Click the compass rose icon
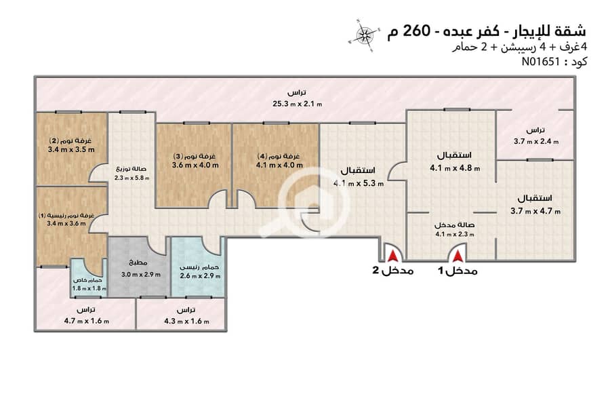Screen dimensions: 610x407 [x=364, y=35]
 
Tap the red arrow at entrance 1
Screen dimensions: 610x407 [x=458, y=256]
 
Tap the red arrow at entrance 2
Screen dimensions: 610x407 [x=393, y=256]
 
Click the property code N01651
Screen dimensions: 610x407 [x=540, y=62]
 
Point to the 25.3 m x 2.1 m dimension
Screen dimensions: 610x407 [x=298, y=104]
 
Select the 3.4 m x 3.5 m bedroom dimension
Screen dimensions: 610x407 [x=71, y=149]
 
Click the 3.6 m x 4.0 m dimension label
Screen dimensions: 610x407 [x=195, y=165]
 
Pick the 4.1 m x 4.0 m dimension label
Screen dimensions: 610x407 [x=279, y=165]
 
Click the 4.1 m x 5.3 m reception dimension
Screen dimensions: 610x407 [x=359, y=183]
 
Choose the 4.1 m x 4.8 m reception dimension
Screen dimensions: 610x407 [x=455, y=168]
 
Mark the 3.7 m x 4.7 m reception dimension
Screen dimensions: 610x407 [x=535, y=211]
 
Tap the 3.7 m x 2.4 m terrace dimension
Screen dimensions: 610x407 [x=536, y=141]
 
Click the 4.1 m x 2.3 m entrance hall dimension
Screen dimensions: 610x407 [x=454, y=234]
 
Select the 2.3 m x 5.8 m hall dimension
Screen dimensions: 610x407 [x=131, y=178]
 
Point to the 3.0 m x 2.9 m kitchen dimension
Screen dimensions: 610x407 [x=141, y=274]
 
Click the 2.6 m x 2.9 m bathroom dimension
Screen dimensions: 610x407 [x=200, y=276]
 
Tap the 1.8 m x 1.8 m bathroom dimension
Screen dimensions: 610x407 [x=89, y=288]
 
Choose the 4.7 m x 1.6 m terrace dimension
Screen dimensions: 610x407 [x=86, y=321]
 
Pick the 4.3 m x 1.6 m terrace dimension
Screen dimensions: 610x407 [x=186, y=322]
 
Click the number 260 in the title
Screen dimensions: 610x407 [x=416, y=31]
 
